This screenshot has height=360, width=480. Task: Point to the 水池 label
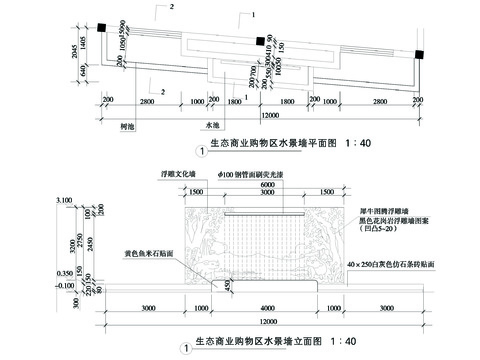tap(212, 125)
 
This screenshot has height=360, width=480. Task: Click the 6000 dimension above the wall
tap(267, 187)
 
